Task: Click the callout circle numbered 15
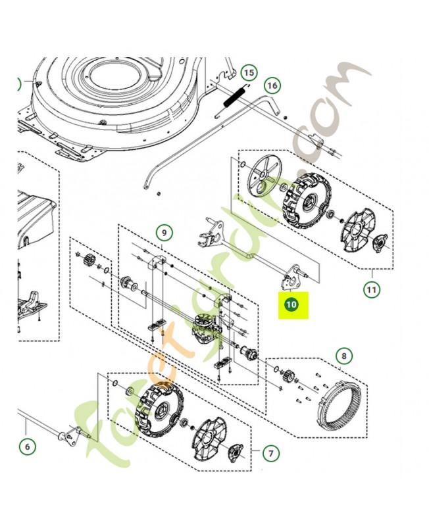[x=249, y=72]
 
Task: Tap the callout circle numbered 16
[x=272, y=85]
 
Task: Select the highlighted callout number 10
[x=291, y=304]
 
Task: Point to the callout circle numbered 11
[x=372, y=289]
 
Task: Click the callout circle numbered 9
[x=164, y=233]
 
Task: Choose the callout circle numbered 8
[x=344, y=356]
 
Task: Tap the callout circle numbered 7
[x=271, y=454]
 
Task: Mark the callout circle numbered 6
[x=28, y=447]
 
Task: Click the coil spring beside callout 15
[x=233, y=99]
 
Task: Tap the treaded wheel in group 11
[x=304, y=201]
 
